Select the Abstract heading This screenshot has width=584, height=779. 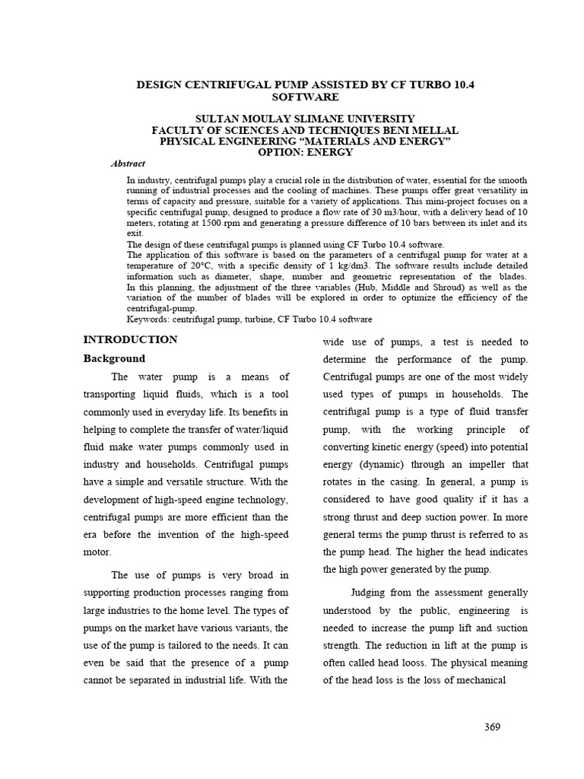pyautogui.click(x=128, y=164)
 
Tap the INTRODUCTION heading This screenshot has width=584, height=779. pyautogui.click(x=130, y=339)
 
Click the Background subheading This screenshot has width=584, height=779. pyautogui.click(x=114, y=358)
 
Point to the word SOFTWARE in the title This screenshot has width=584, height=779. pyautogui.click(x=305, y=97)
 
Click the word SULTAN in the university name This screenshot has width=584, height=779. pyautogui.click(x=217, y=119)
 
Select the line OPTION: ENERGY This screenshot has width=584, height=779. pyautogui.click(x=305, y=152)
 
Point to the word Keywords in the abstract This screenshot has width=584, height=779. pyautogui.click(x=148, y=319)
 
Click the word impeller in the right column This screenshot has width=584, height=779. pyautogui.click(x=483, y=465)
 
